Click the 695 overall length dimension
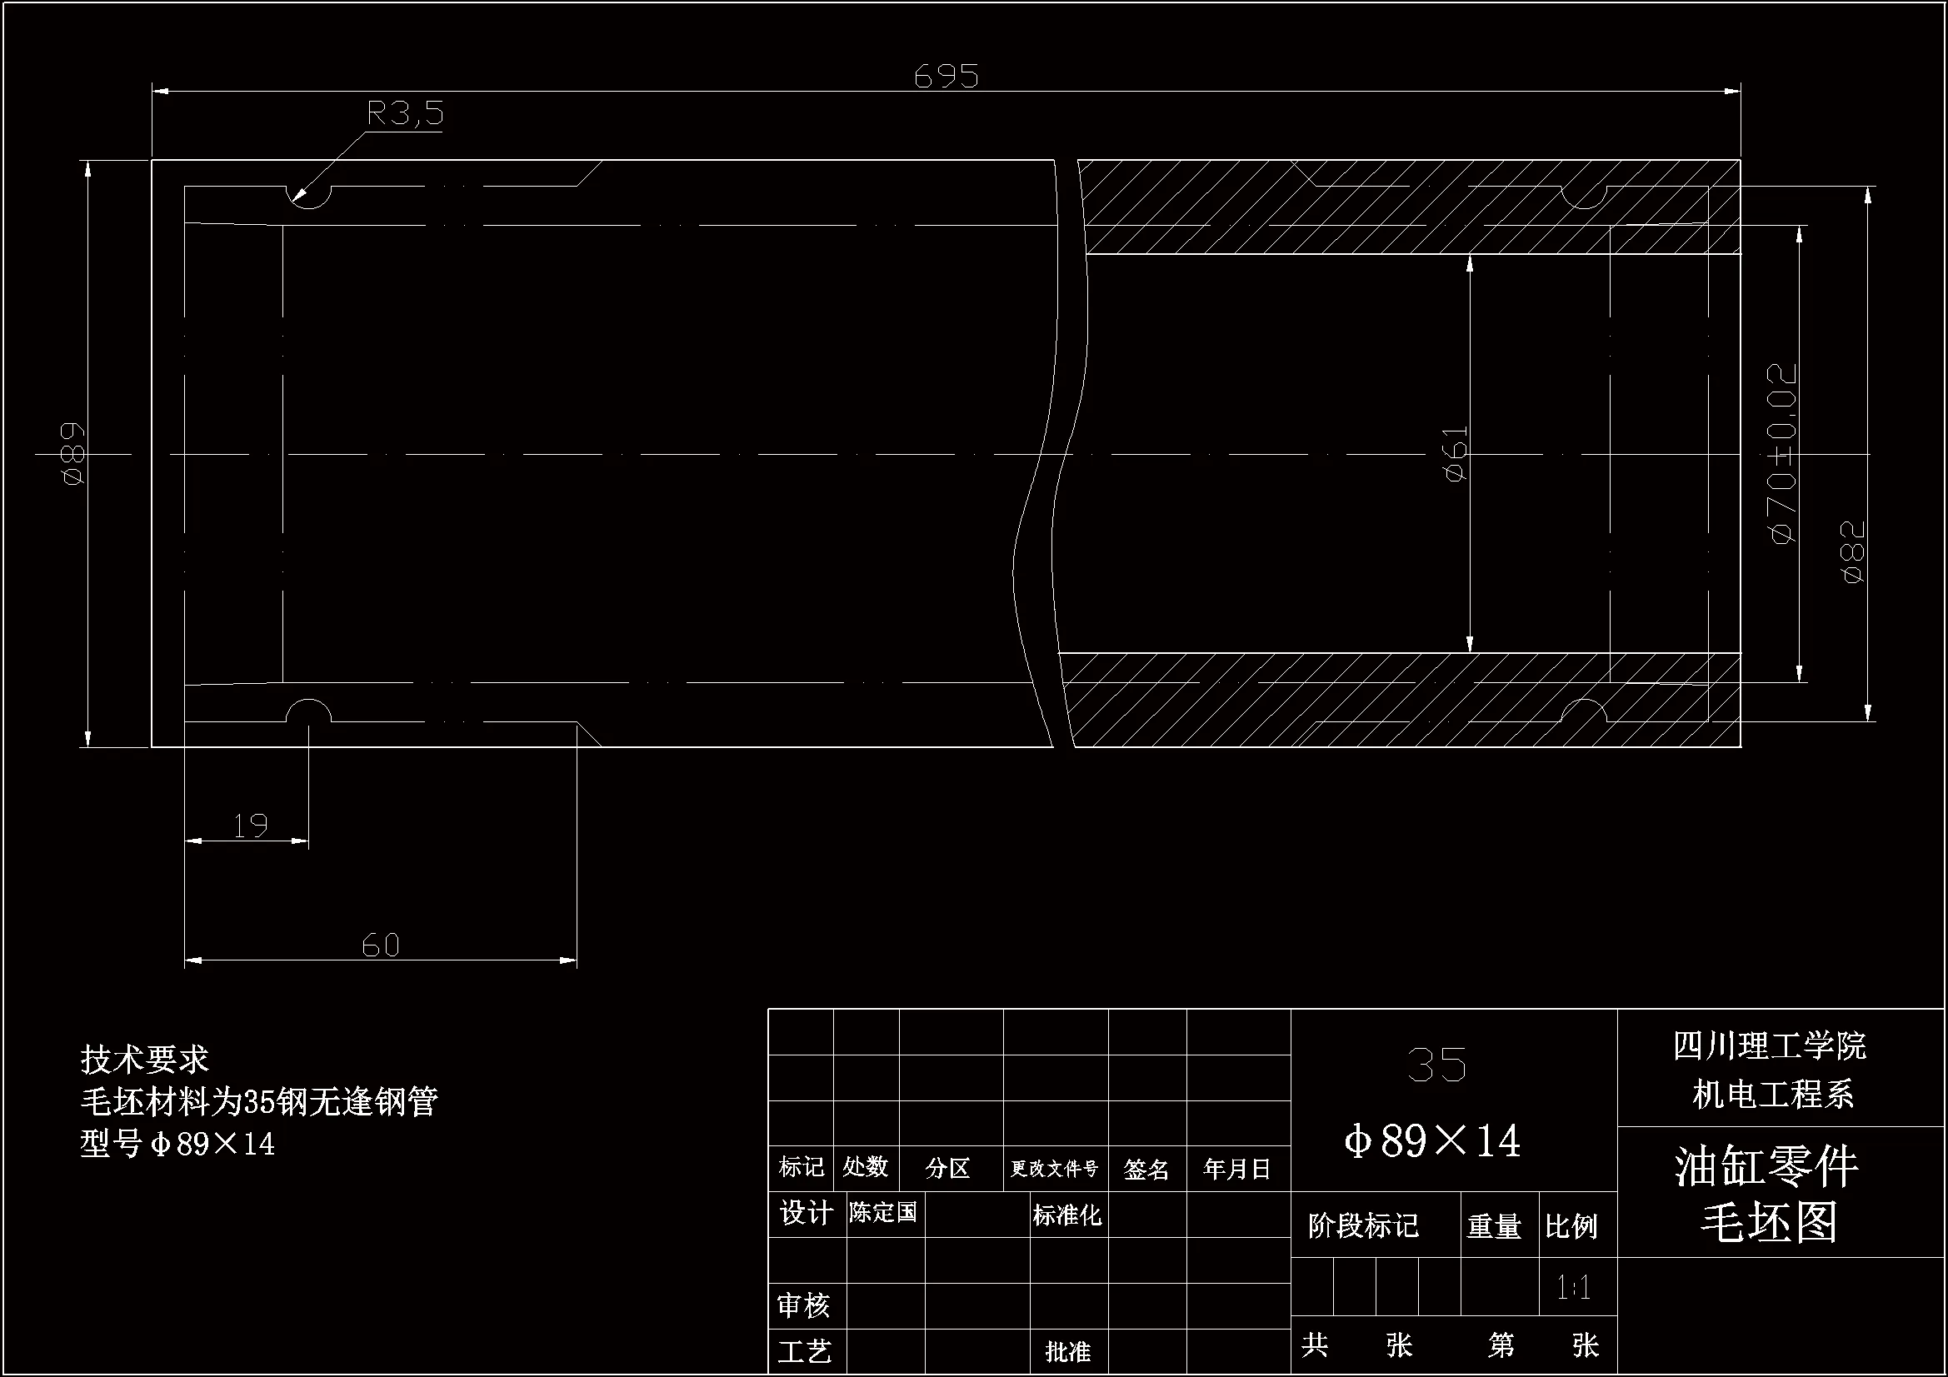point(946,77)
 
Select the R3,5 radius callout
point(405,113)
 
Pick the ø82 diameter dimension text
point(1855,551)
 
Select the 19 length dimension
point(250,826)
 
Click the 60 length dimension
point(380,945)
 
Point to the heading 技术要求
point(144,1060)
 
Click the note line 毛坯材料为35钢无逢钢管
point(259,1101)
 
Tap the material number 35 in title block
point(1436,1065)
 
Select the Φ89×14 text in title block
point(1432,1141)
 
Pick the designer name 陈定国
point(883,1213)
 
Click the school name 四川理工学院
point(1769,1046)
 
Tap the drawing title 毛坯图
point(1769,1223)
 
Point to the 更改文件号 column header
point(1054,1169)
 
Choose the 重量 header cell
point(1494,1226)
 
